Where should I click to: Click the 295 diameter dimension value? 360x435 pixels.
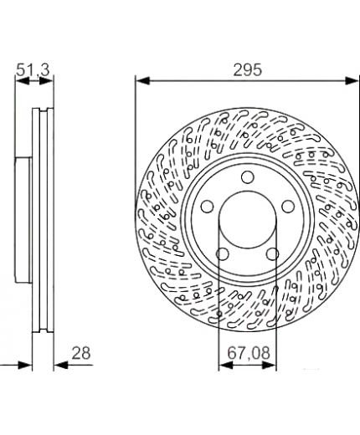[248, 69]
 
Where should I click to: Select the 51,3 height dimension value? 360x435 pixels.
[33, 69]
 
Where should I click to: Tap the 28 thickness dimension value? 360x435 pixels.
[81, 353]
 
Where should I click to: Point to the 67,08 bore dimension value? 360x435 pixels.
[249, 353]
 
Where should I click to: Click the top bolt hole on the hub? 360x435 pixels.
[247, 177]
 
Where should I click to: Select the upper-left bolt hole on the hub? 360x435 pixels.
[207, 207]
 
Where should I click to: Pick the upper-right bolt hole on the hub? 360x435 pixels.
[288, 207]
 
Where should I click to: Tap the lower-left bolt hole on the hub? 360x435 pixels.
[223, 254]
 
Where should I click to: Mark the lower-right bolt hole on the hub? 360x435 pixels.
[272, 254]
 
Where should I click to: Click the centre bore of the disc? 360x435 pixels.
[248, 219]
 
